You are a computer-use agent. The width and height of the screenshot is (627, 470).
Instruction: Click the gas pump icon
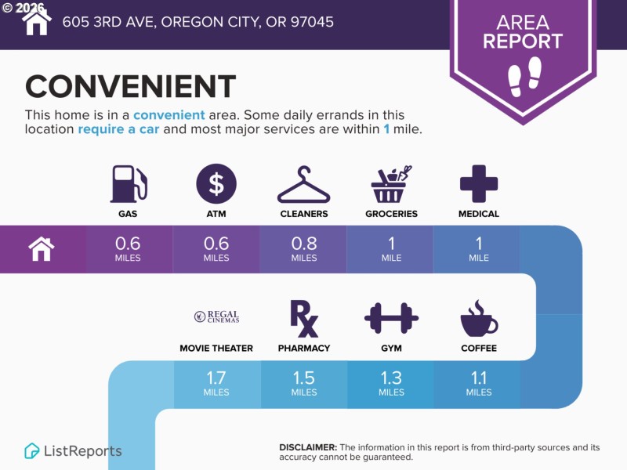coord(129,184)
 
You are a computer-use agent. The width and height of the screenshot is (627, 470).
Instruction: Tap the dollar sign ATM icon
coord(216,184)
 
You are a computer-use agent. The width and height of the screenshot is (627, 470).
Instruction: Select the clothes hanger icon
coord(304,184)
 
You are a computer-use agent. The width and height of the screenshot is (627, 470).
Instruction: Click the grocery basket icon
coord(391,184)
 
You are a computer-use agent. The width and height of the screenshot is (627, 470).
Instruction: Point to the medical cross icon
coord(479,184)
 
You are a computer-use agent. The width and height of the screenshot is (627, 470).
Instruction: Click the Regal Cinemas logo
coord(216,316)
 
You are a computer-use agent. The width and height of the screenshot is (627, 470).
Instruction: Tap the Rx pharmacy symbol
coord(304,319)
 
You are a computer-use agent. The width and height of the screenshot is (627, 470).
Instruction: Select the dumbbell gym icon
coord(391,318)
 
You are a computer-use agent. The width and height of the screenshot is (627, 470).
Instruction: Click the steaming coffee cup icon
coord(479,318)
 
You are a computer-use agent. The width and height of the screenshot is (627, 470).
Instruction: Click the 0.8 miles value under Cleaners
coord(304,248)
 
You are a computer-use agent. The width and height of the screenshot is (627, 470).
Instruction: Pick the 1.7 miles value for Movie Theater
coord(216,383)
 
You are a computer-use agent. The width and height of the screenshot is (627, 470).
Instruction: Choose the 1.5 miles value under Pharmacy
coord(304,383)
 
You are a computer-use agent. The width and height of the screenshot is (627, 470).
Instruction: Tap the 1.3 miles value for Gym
coord(391,383)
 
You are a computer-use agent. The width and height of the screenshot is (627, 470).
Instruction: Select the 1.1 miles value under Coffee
coord(479,383)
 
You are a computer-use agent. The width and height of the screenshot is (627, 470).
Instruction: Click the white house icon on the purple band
coord(42,248)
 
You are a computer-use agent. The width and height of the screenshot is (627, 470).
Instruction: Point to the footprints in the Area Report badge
coord(524,76)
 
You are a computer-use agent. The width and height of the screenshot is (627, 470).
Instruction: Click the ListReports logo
coord(73,451)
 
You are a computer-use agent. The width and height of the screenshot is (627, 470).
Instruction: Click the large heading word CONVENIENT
coord(130,86)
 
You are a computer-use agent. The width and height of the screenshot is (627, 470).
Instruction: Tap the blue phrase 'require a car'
coord(118,129)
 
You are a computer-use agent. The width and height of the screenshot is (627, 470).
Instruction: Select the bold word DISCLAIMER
coord(308,447)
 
